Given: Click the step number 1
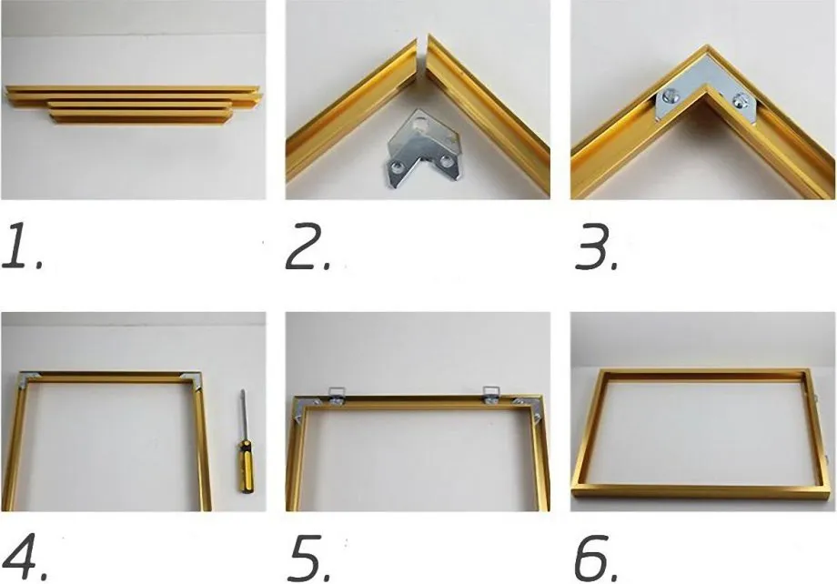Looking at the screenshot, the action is click(21, 247).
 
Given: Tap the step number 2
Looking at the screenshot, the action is click(308, 247).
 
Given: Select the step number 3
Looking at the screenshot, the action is click(596, 247).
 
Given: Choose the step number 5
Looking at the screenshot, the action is click(309, 557).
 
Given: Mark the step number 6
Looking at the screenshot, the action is click(596, 557).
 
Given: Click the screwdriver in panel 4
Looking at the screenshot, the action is click(245, 441).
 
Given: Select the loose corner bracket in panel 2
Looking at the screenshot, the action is click(423, 146).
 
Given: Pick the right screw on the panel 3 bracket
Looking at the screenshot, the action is click(740, 99).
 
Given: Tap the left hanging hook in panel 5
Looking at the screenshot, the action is click(337, 396).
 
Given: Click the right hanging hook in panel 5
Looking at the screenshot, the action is click(491, 395).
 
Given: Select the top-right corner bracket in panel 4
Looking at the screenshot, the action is click(193, 379).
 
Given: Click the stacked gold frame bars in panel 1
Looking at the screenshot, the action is click(134, 104).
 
